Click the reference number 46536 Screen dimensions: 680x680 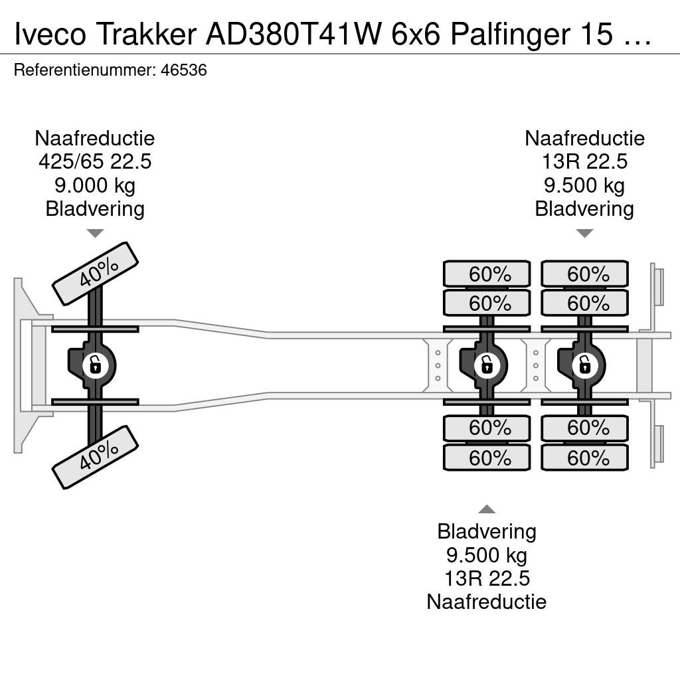[184, 70]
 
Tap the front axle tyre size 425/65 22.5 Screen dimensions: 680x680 [95, 162]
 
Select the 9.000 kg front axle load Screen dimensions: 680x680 [95, 185]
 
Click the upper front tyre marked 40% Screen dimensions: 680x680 [95, 273]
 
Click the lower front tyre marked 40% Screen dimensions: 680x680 [95, 457]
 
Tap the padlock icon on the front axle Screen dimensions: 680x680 [95, 366]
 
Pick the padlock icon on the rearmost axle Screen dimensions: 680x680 [584, 366]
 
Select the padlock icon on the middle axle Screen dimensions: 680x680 [487, 366]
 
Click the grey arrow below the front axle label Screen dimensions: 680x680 [95, 233]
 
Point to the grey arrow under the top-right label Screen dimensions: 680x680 [584, 233]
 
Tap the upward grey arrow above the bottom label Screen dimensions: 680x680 [487, 509]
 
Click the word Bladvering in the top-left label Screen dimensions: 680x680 [95, 209]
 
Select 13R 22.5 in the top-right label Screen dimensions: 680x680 [584, 162]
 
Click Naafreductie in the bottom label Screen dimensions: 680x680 [487, 602]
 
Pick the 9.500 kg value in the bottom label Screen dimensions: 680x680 [487, 555]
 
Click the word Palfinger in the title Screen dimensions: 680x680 [510, 34]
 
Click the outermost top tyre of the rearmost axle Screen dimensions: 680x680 [584, 274]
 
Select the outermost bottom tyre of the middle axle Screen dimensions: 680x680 [487, 458]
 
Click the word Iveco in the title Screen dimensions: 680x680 [50, 34]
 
